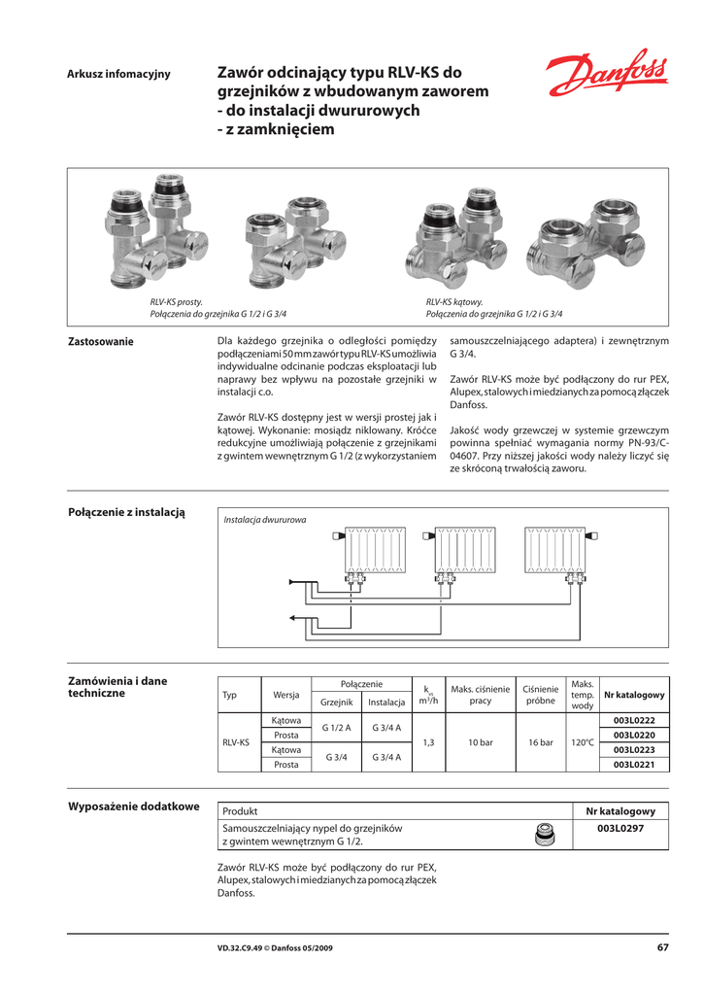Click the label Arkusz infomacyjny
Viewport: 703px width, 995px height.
tap(117, 75)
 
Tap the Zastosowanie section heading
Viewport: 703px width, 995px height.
tap(100, 342)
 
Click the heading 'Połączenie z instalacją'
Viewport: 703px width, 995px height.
tap(125, 512)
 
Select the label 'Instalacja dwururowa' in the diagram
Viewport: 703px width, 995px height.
tap(264, 520)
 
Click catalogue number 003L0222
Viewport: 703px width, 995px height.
tap(634, 720)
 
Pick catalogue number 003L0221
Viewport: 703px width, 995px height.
tap(634, 766)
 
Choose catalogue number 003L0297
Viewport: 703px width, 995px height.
tap(620, 829)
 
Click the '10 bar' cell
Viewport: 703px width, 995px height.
tap(481, 742)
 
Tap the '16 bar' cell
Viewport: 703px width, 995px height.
tap(540, 742)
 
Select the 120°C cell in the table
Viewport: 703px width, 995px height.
tap(583, 742)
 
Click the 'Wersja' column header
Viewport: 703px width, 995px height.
tap(285, 696)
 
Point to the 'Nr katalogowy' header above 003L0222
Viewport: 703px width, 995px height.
tap(634, 696)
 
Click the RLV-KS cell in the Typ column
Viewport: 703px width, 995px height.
tap(236, 742)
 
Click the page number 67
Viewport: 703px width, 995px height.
tap(662, 947)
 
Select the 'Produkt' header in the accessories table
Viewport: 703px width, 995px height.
tap(240, 811)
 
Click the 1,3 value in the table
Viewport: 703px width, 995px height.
tap(428, 742)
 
